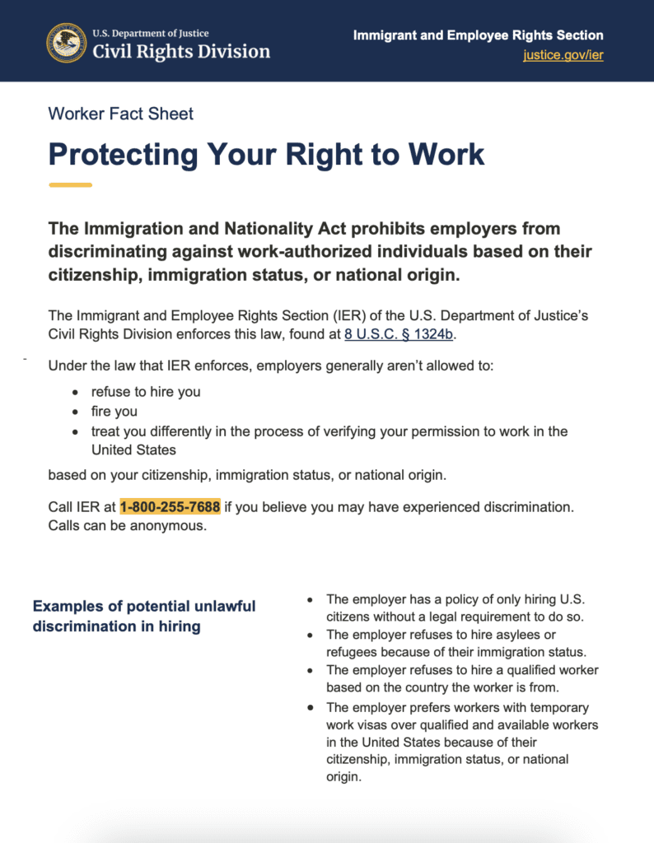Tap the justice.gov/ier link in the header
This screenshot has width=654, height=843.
(x=563, y=55)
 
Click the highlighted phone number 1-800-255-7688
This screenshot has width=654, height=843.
(x=170, y=507)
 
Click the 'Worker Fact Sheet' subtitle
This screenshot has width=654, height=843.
(x=121, y=114)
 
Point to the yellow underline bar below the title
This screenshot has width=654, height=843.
(x=70, y=184)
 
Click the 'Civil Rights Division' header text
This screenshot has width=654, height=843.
(x=181, y=52)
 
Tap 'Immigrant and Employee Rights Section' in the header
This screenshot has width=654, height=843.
(x=478, y=35)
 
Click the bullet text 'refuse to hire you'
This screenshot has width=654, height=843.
(x=146, y=392)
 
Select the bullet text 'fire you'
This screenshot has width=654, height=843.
(x=114, y=412)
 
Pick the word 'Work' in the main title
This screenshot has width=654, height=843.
(x=446, y=154)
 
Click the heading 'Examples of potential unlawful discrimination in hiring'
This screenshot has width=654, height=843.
(x=144, y=616)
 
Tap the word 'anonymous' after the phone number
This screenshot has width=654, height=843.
(x=168, y=526)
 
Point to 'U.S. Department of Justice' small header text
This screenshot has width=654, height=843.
(x=150, y=34)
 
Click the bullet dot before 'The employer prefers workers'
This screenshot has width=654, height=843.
(x=310, y=707)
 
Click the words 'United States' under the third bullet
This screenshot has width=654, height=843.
(x=134, y=450)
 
